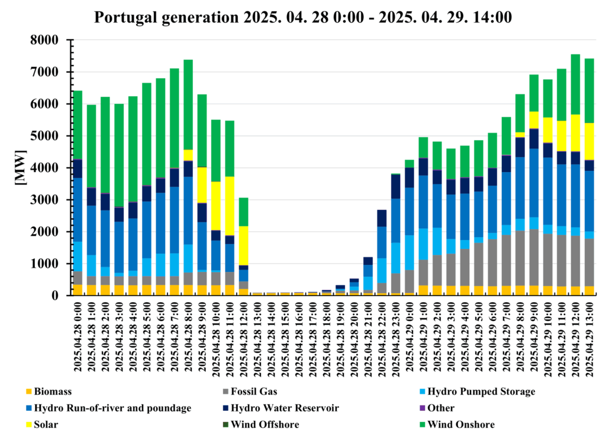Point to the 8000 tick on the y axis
coord(54,40)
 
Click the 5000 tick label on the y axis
coord(54,136)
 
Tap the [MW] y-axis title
coord(20,168)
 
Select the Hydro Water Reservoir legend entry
coord(276,408)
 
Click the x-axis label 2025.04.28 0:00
coord(78,337)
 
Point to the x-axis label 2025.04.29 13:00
coord(589,337)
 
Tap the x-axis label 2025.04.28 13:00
coord(257,337)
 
